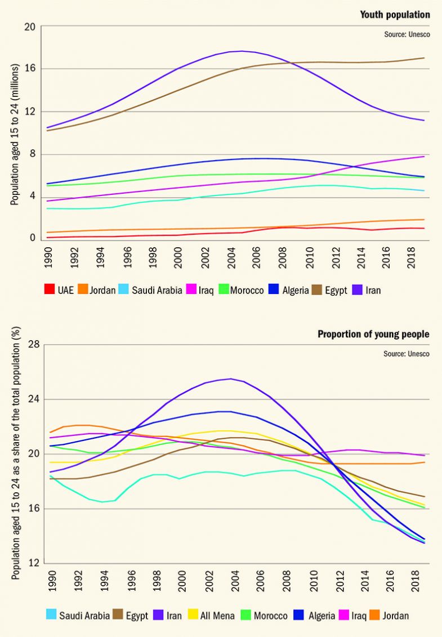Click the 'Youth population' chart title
[x=395, y=15]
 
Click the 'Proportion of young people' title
[x=373, y=334]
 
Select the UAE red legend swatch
[x=50, y=290]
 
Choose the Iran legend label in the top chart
[x=372, y=290]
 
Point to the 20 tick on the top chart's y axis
[x=29, y=26]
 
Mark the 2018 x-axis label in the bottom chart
[x=413, y=582]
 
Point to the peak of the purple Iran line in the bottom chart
[x=230, y=378]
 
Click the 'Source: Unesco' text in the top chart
[x=407, y=34]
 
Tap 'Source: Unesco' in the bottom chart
[x=407, y=354]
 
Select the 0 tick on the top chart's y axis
[x=33, y=238]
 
